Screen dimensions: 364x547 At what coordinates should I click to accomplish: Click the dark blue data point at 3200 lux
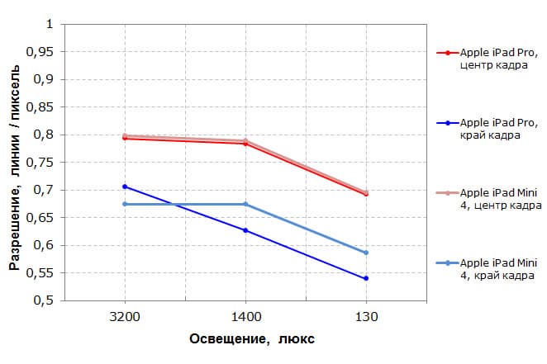coord(125,187)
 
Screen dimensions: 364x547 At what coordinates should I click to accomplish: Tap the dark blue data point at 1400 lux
coord(245,230)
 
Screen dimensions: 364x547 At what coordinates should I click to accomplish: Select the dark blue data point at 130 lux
coord(366,278)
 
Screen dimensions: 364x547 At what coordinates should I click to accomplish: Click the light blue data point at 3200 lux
coord(125,204)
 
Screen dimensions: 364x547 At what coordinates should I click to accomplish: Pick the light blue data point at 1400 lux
coord(245,204)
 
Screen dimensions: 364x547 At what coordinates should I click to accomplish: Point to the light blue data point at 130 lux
coord(366,253)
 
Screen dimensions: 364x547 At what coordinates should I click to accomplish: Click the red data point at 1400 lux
coord(245,144)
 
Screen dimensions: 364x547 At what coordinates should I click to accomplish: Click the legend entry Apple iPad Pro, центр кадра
coord(492,59)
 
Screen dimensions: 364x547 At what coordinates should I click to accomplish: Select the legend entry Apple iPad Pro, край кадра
coord(492,129)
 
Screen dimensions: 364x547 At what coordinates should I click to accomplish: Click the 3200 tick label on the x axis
coord(125,316)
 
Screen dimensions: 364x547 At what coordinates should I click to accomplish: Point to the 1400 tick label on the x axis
coord(245,316)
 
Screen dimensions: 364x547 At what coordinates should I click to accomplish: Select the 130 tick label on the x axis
coord(366,316)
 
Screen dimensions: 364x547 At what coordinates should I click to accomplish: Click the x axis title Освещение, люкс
coord(251,339)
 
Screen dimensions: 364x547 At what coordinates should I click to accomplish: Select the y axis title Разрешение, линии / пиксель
coord(14,163)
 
